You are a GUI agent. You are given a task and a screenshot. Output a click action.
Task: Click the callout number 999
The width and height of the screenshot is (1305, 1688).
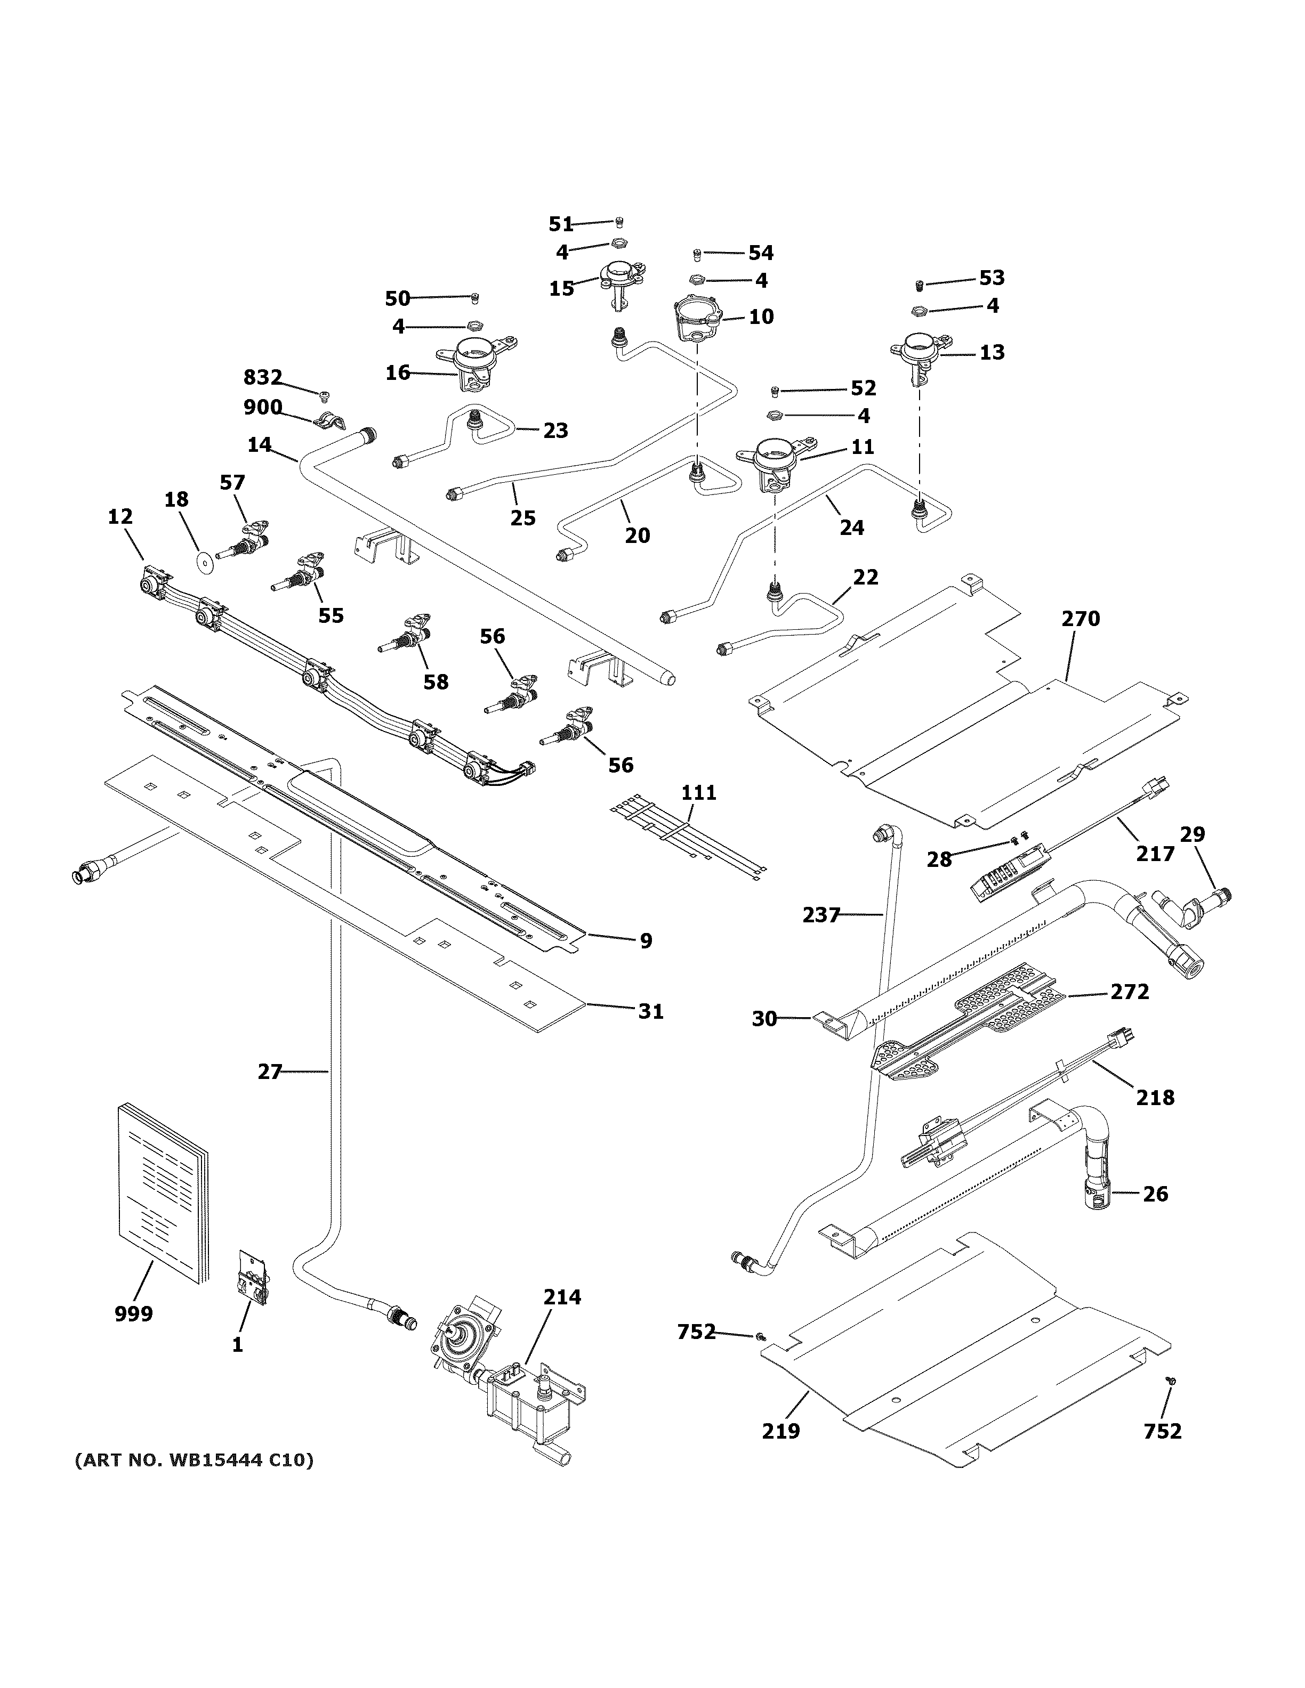134,1313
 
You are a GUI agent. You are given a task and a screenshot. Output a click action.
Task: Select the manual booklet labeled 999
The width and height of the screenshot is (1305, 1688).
163,1194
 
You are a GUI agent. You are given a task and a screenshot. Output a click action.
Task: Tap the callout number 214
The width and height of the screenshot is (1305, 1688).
561,1296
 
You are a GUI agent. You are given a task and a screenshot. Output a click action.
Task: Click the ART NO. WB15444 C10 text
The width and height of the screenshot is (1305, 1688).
194,1460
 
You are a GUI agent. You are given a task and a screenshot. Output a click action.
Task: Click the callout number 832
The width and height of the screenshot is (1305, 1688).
263,377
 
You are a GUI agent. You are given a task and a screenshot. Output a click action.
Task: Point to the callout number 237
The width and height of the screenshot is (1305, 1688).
821,915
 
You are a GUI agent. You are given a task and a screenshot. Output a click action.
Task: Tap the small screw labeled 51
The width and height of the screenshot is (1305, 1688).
619,223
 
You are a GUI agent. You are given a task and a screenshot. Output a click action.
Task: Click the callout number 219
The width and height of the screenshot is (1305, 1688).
781,1431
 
